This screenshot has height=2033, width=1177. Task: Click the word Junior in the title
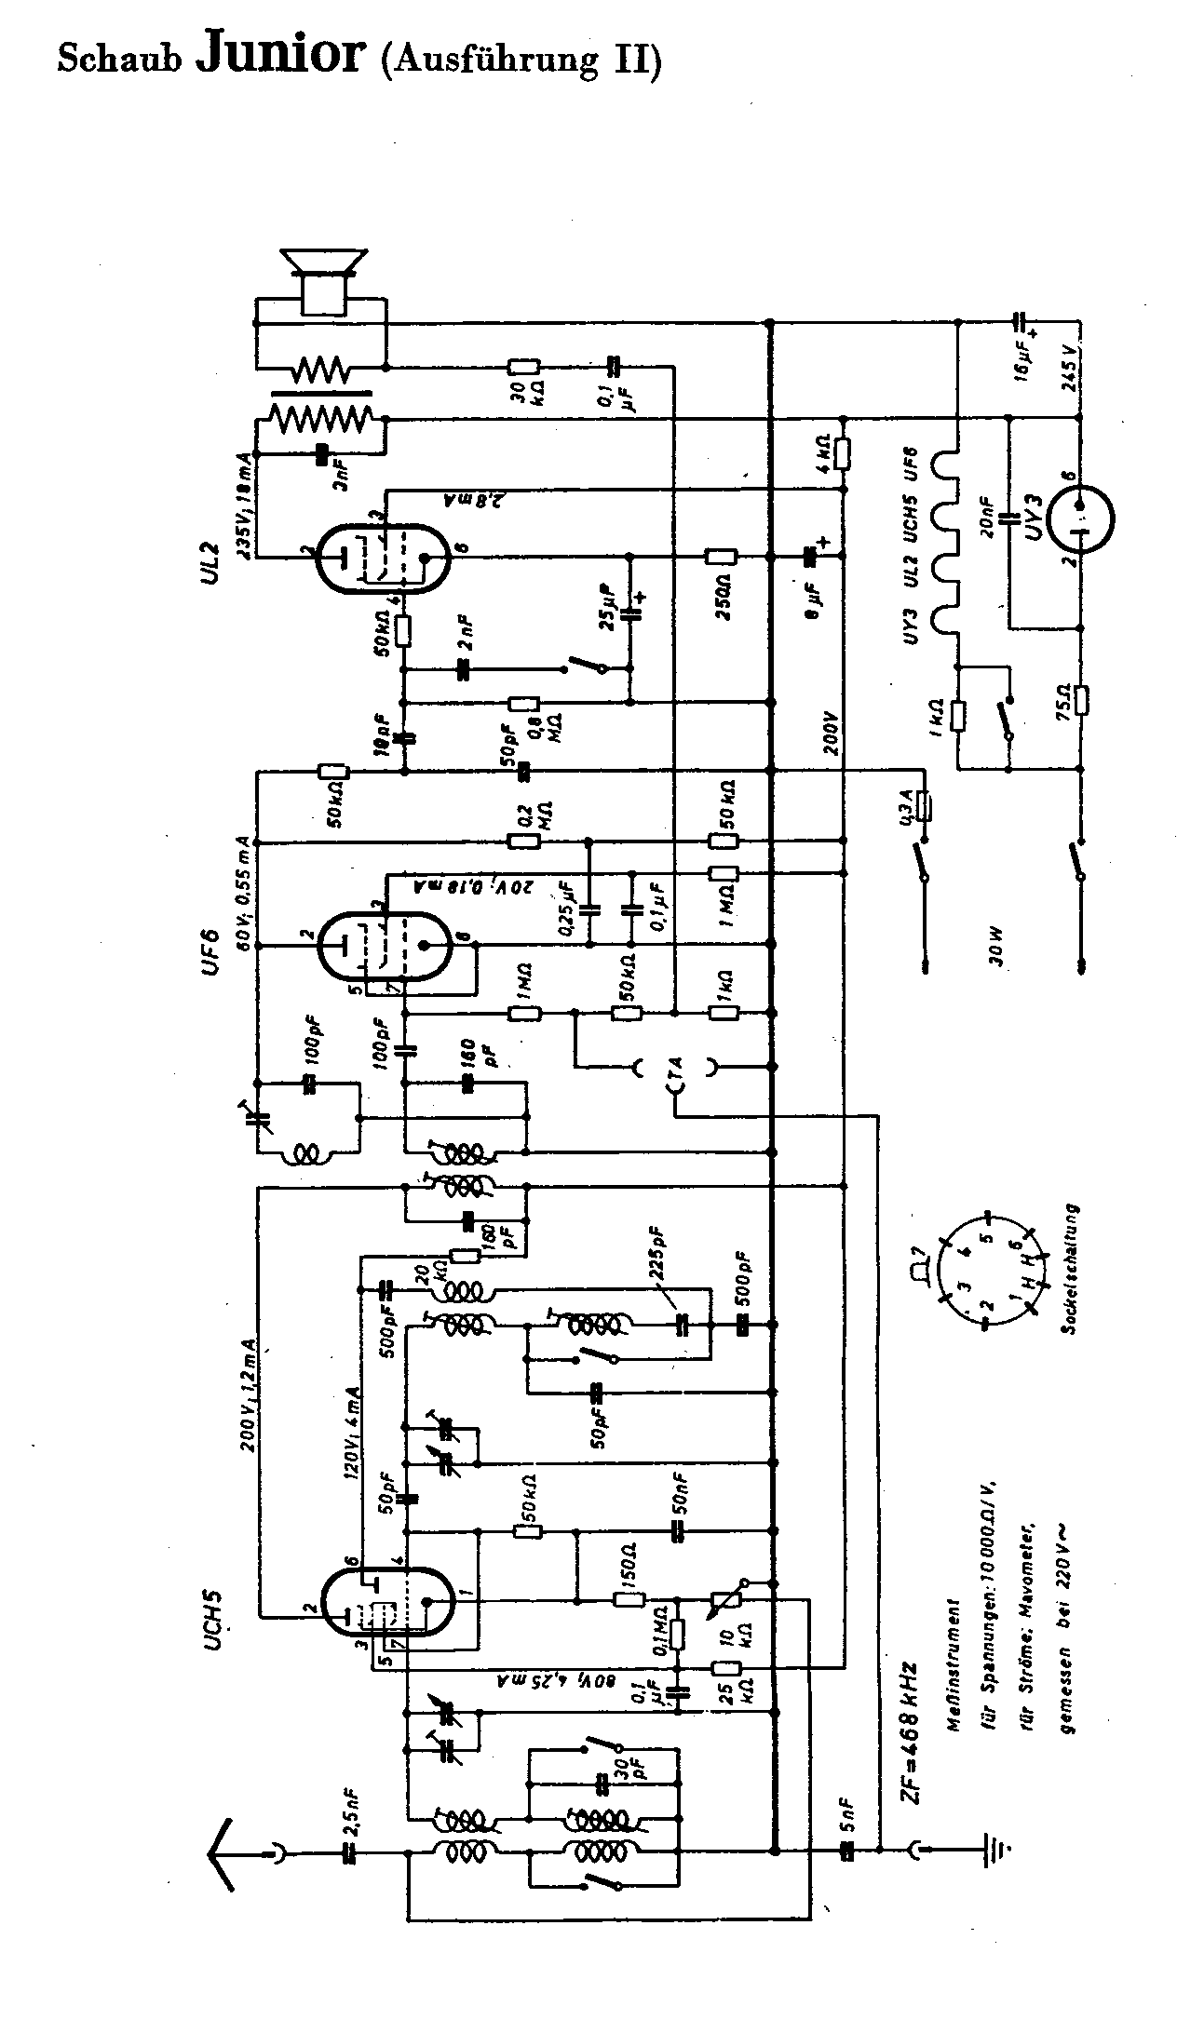point(278,53)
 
